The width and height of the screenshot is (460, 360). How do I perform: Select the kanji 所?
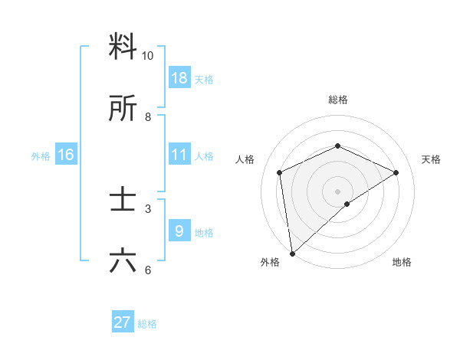click(123, 109)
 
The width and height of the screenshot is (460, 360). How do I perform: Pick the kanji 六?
click(123, 260)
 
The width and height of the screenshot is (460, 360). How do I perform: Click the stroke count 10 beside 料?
click(148, 56)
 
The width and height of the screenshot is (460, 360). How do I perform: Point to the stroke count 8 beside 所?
click(148, 117)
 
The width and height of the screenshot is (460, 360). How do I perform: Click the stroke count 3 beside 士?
click(148, 208)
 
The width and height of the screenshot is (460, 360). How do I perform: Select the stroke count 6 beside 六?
click(148, 270)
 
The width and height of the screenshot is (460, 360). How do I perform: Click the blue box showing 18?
click(179, 78)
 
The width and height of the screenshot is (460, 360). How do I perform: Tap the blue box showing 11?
click(179, 155)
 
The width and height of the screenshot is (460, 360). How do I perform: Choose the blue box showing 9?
click(179, 231)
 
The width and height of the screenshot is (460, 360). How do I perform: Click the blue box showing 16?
click(66, 155)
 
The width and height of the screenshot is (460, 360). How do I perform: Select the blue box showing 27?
click(123, 322)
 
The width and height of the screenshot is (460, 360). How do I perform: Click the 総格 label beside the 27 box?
click(148, 324)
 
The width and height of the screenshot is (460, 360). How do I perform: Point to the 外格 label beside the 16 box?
click(41, 156)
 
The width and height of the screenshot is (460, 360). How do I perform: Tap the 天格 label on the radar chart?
click(432, 159)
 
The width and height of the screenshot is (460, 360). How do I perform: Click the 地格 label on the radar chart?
click(402, 262)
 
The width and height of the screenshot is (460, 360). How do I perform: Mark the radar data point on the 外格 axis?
click(291, 254)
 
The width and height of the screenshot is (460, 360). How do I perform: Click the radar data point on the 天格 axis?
click(396, 172)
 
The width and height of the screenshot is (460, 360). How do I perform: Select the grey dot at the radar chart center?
click(338, 191)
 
